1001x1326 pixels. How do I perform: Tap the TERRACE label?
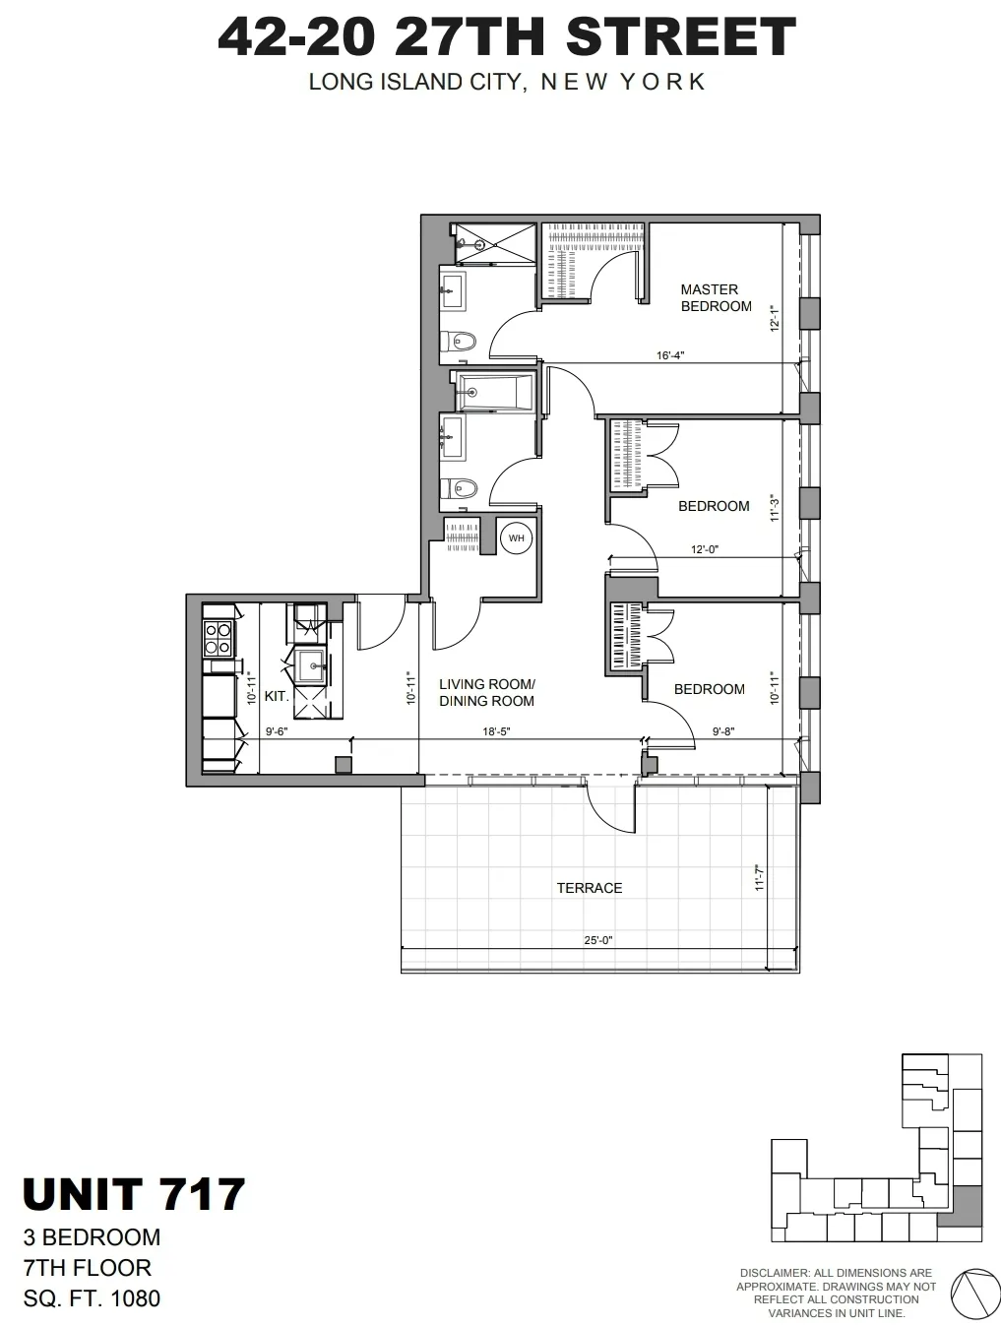589,888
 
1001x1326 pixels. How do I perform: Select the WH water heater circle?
516,537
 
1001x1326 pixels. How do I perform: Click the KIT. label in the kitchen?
277,695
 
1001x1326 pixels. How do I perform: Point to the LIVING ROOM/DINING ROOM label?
486,692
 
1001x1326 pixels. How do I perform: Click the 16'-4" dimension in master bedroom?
670,355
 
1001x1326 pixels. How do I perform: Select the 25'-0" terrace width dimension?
597,939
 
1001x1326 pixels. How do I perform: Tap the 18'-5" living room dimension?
497,731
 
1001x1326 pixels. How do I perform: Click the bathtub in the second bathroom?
495,391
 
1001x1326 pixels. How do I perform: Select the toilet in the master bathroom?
460,342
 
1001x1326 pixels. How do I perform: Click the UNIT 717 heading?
133,1194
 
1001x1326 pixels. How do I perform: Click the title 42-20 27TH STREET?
506,37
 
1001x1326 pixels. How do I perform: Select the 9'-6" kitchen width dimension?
277,731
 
